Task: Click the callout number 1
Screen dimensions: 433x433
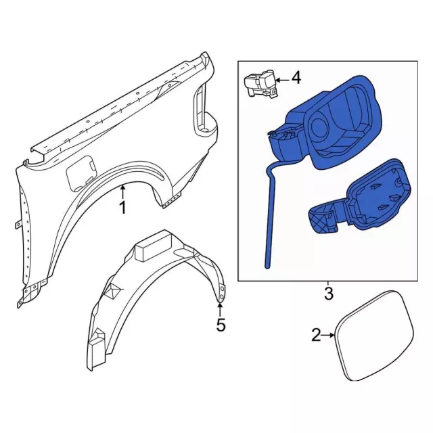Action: (122, 208)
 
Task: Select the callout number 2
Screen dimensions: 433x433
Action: (316, 334)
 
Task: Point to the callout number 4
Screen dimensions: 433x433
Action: (296, 78)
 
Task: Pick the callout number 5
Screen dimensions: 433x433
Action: (220, 325)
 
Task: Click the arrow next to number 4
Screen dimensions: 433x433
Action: (283, 78)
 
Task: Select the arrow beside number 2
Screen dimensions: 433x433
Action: (328, 334)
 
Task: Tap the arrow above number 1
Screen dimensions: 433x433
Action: (122, 191)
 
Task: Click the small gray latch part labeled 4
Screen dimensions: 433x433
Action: (259, 85)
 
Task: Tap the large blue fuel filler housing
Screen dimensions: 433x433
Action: (332, 122)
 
